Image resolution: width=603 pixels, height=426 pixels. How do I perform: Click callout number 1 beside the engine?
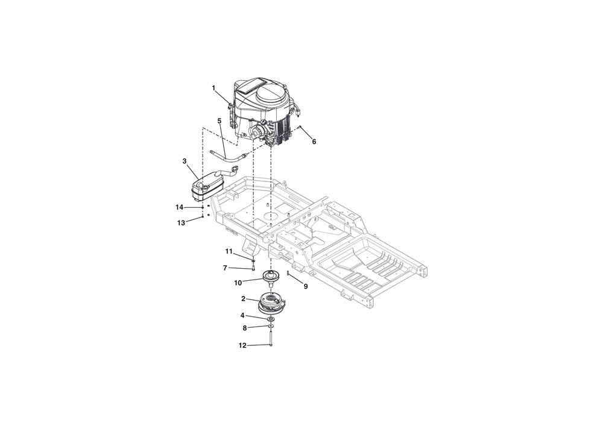coord(213,88)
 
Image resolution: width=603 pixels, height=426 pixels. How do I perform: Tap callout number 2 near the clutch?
coord(244,298)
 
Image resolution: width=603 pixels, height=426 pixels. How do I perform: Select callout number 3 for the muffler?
coord(185,161)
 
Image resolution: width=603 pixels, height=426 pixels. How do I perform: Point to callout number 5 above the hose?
coord(219,121)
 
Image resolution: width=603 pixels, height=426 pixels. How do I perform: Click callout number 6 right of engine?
coord(314,142)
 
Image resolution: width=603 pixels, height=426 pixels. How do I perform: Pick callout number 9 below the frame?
coord(306,287)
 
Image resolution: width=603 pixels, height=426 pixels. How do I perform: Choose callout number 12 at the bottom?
coord(242,346)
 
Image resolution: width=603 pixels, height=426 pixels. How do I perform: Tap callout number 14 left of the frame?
coord(180,207)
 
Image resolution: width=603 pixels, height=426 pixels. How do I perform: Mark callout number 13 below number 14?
coord(181,223)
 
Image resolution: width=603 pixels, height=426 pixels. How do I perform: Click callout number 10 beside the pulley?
coord(238,283)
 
